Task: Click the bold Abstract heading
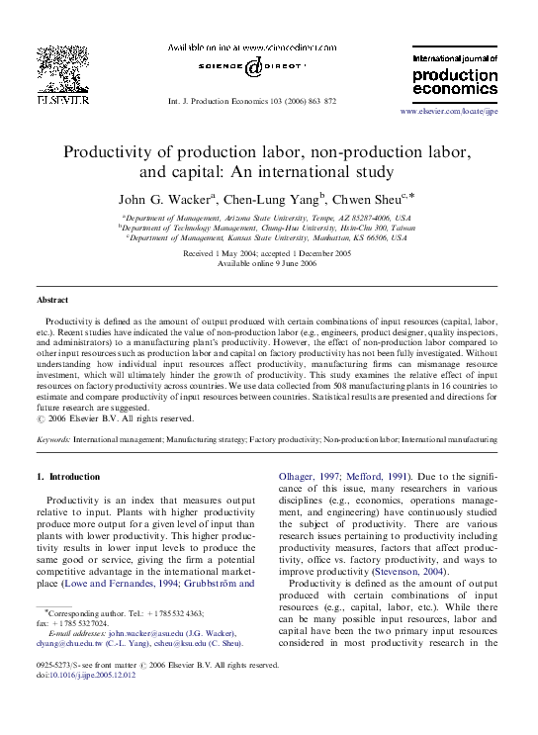52,300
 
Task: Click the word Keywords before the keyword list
52,436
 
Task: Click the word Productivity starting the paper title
114,152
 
